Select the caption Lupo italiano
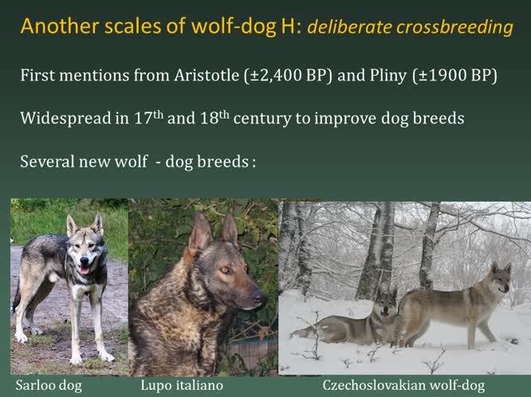[171, 386]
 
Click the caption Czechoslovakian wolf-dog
[406, 386]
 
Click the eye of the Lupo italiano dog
[224, 270]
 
